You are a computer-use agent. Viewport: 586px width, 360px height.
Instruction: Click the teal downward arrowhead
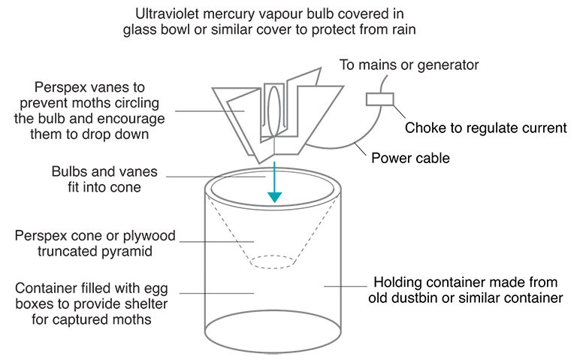tap(275, 197)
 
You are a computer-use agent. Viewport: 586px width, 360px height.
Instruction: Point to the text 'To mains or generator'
tap(409, 65)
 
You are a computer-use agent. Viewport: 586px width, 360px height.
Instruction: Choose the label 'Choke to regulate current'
tap(485, 128)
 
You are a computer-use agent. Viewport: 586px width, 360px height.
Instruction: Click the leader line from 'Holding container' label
tap(343, 286)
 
